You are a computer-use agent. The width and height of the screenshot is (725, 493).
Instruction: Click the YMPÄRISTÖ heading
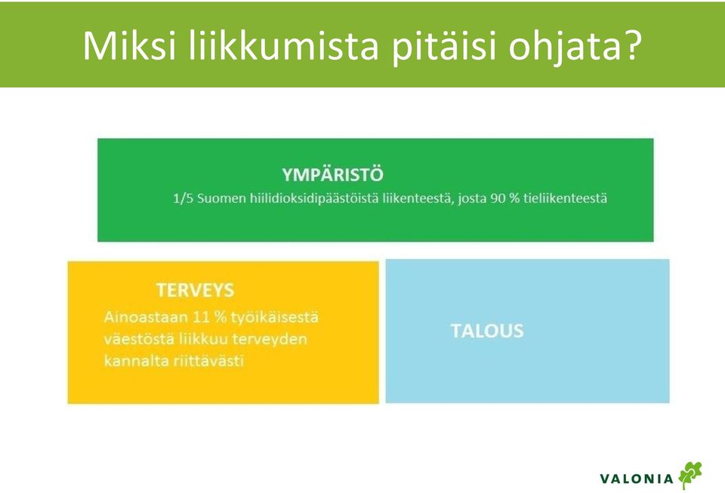[332, 174]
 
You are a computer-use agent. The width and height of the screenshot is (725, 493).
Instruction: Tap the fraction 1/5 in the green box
[183, 199]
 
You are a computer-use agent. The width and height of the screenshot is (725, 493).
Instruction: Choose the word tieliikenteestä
[565, 199]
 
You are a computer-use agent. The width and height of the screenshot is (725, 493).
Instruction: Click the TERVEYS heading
[195, 290]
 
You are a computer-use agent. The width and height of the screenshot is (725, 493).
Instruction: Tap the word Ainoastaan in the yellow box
[146, 317]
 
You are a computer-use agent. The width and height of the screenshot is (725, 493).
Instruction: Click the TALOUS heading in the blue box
[487, 331]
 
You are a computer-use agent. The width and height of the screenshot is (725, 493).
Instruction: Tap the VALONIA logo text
[637, 479]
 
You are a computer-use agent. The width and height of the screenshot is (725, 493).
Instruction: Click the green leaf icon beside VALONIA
[690, 475]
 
